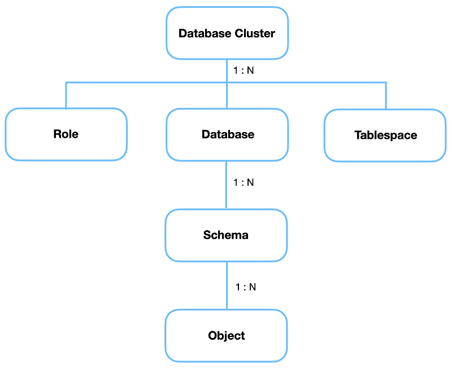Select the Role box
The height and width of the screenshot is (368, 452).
[66, 134]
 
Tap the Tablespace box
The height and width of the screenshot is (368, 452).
[385, 135]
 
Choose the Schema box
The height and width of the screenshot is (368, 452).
[226, 235]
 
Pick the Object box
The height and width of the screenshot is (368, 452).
[226, 336]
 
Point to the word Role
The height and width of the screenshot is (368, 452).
[66, 134]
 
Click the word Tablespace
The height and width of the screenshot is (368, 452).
[385, 135]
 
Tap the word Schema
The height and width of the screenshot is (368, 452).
[226, 235]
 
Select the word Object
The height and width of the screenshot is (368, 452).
[226, 336]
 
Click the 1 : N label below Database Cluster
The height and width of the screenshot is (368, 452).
[244, 71]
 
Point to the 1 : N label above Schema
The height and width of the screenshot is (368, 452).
[244, 183]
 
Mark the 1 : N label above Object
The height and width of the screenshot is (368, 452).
[246, 287]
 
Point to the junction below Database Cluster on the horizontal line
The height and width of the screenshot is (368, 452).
[227, 82]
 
